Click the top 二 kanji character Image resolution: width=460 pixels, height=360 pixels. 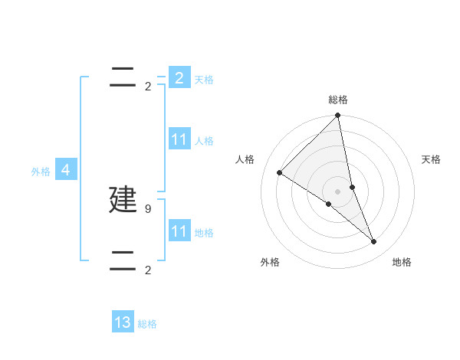click(123, 77)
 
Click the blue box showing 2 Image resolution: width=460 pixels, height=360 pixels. click(179, 78)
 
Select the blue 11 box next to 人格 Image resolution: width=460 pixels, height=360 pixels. click(179, 140)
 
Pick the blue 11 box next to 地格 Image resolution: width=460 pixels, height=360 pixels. click(179, 231)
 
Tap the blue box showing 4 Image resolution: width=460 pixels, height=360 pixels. click(66, 171)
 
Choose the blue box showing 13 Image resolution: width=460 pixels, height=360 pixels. click(123, 322)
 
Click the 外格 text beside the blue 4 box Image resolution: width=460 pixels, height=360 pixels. click(41, 172)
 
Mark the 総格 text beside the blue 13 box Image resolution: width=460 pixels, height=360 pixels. click(147, 324)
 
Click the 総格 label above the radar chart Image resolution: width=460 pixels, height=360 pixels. click(338, 100)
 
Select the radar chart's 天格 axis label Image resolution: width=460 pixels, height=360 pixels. click(432, 159)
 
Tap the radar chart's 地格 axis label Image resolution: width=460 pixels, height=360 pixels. click(402, 262)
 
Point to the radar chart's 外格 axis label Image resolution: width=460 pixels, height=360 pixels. click(270, 262)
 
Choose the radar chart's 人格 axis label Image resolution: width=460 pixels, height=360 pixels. click(245, 159)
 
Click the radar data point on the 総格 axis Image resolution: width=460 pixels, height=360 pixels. click(338, 116)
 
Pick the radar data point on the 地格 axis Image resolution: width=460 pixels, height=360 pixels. click(374, 242)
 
